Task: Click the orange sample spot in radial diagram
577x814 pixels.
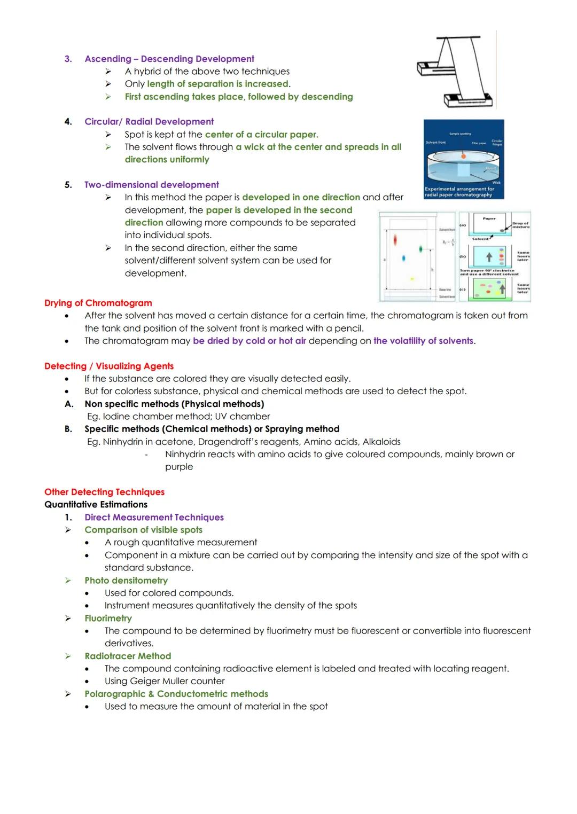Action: point(463,156)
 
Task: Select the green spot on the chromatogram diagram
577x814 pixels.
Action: point(421,249)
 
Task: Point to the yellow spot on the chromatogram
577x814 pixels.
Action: point(411,279)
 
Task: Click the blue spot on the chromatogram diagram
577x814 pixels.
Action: point(403,258)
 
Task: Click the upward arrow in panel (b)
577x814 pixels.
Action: point(488,257)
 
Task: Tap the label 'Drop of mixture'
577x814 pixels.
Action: point(520,225)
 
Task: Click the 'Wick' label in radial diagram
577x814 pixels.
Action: point(496,183)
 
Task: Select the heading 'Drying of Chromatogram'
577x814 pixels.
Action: point(98,303)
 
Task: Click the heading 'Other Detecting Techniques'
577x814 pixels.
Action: point(104,492)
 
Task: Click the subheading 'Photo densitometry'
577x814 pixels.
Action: point(126,580)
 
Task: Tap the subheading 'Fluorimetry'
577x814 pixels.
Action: point(108,618)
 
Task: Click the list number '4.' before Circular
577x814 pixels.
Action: point(68,122)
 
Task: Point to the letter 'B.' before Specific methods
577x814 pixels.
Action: point(68,429)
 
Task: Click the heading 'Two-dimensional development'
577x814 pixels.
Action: point(151,185)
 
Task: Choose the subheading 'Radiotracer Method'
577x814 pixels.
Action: point(128,656)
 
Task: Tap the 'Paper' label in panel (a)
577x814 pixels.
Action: point(489,218)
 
